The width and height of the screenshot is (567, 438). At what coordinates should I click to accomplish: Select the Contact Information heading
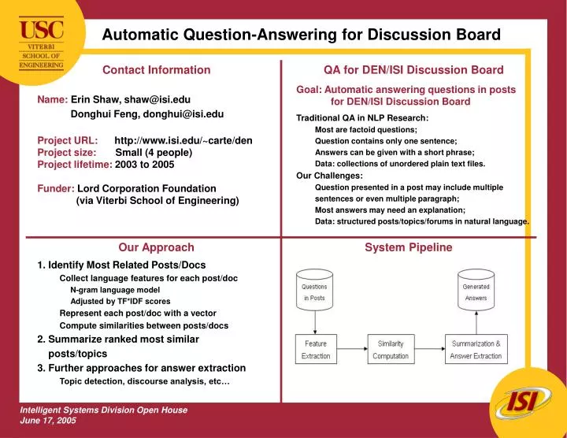coord(157,70)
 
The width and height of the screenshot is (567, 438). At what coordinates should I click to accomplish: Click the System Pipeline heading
coord(408,247)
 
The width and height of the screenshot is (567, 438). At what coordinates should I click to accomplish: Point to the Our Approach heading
coord(156,247)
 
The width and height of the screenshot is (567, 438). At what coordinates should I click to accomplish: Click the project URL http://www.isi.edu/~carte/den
coord(183,141)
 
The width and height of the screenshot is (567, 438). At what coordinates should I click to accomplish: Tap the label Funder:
coord(56,189)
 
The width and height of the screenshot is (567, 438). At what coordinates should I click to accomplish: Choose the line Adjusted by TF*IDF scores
coord(120,302)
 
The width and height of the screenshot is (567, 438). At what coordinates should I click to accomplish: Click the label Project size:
coord(67,153)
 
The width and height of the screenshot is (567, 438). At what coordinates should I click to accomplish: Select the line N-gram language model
coord(115,290)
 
